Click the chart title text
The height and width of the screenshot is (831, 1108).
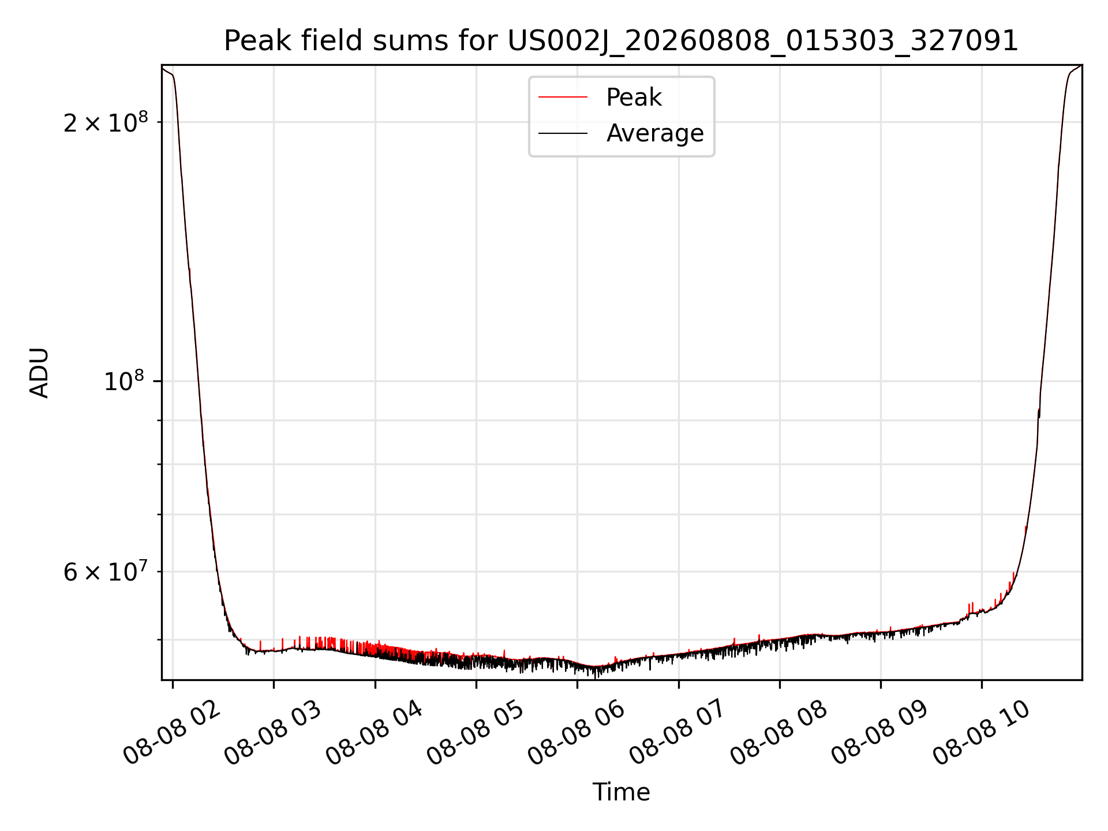tap(621, 41)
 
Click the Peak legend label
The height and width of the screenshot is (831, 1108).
tap(634, 98)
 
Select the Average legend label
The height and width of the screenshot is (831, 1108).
tap(655, 133)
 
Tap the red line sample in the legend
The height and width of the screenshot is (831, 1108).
tap(563, 98)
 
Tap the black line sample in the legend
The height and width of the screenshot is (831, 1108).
tap(563, 133)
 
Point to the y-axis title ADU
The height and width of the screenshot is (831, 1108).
tap(39, 373)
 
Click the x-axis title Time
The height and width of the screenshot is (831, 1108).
tap(621, 792)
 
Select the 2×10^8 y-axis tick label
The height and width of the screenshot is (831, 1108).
tap(106, 122)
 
